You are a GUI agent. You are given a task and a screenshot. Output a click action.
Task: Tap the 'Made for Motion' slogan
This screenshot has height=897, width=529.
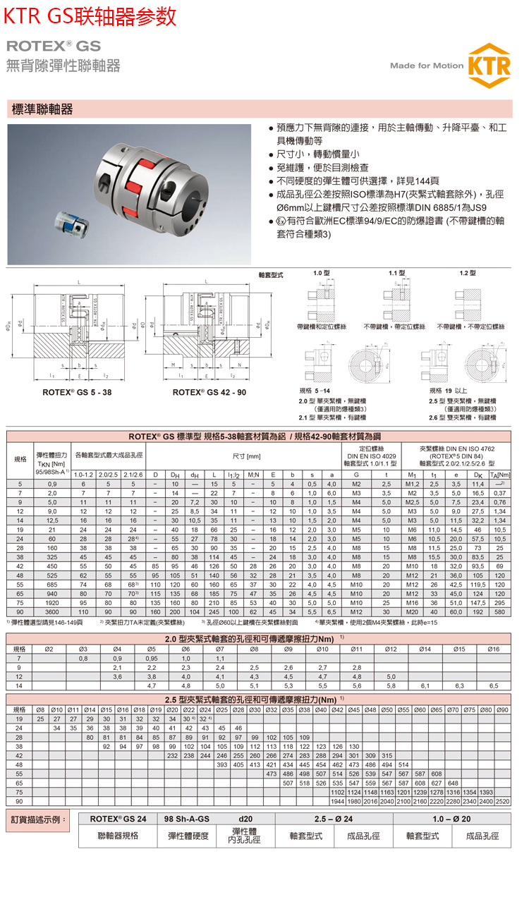[x=427, y=66]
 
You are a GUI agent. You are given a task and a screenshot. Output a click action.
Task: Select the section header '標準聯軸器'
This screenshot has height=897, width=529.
[x=42, y=110]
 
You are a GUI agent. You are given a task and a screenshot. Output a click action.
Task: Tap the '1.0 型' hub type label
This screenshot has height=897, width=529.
[x=321, y=273]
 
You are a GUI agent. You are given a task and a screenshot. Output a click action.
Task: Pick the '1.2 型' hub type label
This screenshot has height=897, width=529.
[x=467, y=273]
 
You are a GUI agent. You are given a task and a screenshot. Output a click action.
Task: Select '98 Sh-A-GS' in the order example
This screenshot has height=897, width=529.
[x=186, y=820]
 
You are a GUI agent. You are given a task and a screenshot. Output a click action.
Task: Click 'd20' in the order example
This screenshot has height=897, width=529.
[x=246, y=820]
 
